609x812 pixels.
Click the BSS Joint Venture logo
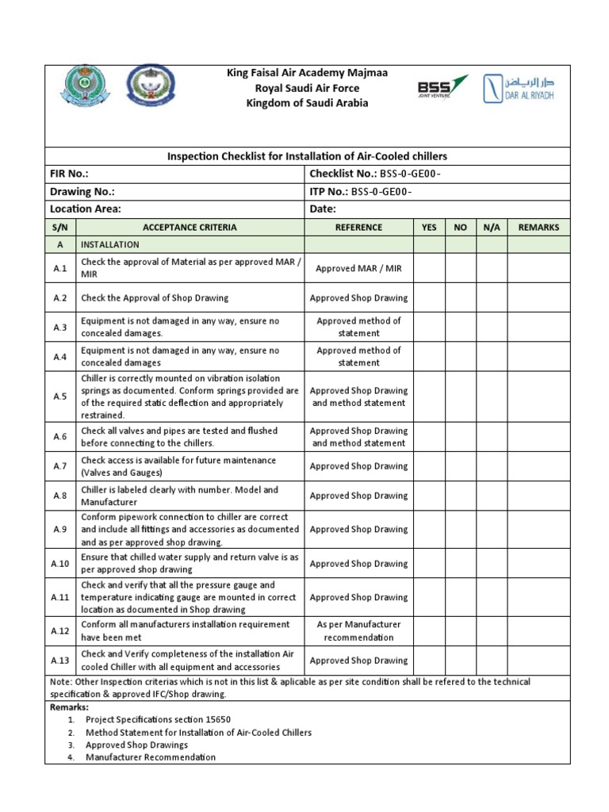442,88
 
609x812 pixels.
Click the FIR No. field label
69,174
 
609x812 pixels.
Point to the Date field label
322,209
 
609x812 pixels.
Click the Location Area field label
85,209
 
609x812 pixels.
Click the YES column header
429,227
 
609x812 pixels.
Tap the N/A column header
492,227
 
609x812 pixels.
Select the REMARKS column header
538,227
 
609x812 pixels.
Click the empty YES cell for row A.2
429,298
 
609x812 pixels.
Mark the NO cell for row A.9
460,529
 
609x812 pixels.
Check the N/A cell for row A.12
492,630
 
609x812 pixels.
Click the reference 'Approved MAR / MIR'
358,268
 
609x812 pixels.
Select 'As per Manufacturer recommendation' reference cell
358,630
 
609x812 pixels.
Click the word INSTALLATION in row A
110,244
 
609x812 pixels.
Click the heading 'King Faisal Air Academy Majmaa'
308,74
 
